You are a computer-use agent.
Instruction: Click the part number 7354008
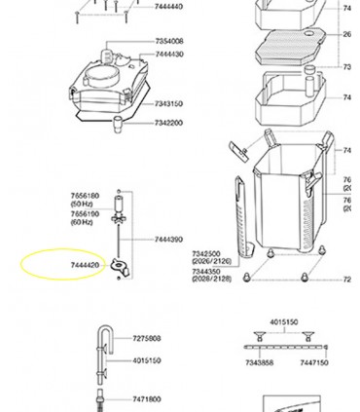click(169, 42)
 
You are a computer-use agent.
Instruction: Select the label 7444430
click(169, 55)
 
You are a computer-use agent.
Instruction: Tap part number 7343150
click(169, 103)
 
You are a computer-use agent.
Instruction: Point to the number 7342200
click(169, 123)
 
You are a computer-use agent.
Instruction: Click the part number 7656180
click(85, 196)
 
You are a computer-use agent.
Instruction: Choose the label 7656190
click(85, 213)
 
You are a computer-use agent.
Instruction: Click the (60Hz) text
click(82, 222)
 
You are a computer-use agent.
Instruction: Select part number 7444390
click(169, 239)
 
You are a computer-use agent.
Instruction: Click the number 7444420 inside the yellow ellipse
click(85, 265)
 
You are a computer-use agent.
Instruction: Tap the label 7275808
click(147, 339)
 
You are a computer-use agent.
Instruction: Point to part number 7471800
click(147, 399)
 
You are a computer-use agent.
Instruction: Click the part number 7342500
click(205, 253)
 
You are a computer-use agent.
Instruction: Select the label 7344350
click(205, 270)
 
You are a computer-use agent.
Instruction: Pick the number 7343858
click(260, 363)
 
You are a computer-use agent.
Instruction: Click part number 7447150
click(314, 363)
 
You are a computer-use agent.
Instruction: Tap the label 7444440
click(169, 7)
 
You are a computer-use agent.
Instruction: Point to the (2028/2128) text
click(212, 279)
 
